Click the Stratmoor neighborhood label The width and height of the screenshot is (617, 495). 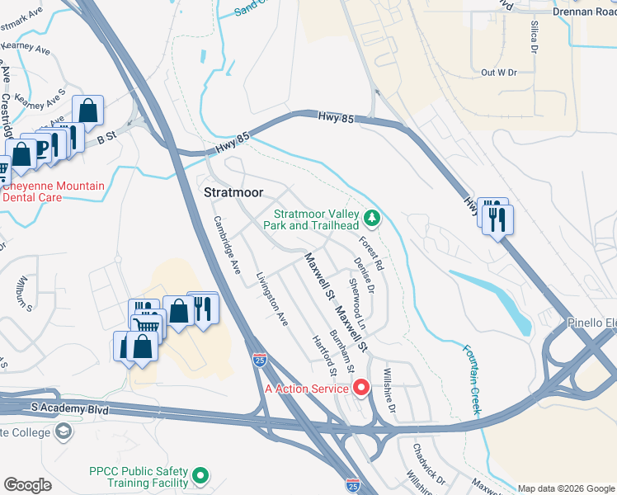[x=233, y=192]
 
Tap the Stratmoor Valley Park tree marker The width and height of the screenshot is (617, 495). [x=373, y=218]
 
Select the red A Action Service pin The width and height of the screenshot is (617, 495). [x=360, y=386]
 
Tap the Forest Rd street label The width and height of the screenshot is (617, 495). [x=372, y=254]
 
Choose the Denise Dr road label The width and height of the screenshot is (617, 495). [x=365, y=276]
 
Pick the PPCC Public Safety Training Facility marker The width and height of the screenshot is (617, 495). [x=200, y=476]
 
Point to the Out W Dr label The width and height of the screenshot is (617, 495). [x=498, y=73]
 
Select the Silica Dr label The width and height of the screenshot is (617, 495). [x=535, y=35]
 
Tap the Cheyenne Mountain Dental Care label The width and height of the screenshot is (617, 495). [x=54, y=192]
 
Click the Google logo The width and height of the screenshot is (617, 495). [x=28, y=484]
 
